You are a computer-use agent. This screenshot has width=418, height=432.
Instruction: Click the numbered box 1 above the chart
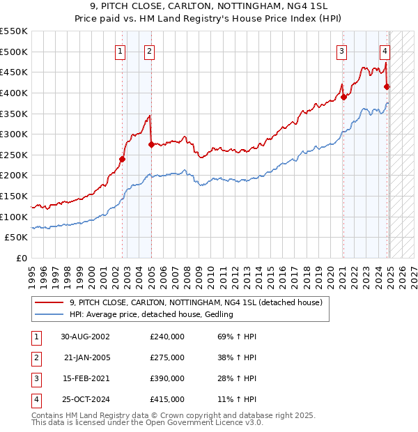click(x=121, y=50)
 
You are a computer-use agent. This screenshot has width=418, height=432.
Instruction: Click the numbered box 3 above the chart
click(x=342, y=50)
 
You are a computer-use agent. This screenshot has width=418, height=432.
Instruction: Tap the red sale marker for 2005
click(x=151, y=144)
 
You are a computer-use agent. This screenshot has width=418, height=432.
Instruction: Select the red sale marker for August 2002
click(x=122, y=159)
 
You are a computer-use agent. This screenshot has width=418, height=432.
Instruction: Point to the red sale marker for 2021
click(x=343, y=97)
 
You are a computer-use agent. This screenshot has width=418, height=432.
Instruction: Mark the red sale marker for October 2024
click(x=387, y=86)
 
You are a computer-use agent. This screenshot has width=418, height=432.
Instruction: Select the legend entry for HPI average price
click(x=150, y=315)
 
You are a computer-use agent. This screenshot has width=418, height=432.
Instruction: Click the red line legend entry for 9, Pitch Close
click(x=196, y=303)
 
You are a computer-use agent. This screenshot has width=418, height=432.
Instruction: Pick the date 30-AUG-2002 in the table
click(x=85, y=337)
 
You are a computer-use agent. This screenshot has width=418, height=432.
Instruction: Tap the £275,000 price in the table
click(x=167, y=357)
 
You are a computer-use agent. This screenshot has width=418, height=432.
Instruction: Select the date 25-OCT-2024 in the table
click(x=85, y=399)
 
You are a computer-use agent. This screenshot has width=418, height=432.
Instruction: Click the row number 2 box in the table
click(x=35, y=357)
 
